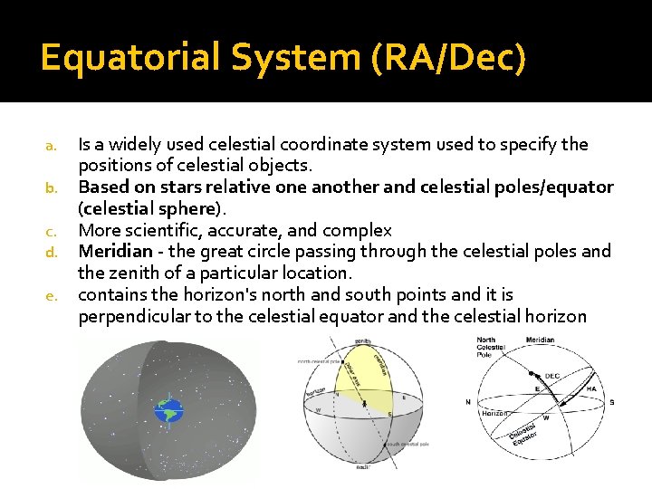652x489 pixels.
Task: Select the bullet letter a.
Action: coord(53,145)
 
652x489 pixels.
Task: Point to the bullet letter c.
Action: coord(53,231)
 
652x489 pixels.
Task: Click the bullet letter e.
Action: coord(53,295)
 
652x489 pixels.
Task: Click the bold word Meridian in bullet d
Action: coord(115,251)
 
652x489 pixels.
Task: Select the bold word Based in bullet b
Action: coord(102,187)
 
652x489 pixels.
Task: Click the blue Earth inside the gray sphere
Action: coord(168,412)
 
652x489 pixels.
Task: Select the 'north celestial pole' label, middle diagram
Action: coord(319,360)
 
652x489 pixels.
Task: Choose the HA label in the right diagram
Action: coord(591,388)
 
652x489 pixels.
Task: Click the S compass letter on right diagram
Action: coord(611,401)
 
